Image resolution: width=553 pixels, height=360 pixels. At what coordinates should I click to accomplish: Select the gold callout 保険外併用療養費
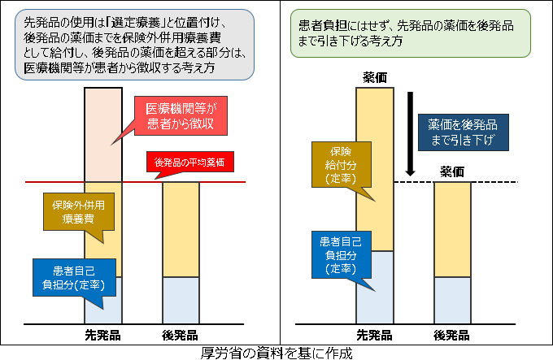point(72,213)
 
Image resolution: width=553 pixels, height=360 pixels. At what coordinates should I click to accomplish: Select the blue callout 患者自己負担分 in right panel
point(334,254)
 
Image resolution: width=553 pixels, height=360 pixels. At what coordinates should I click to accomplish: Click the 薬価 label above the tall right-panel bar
point(376,77)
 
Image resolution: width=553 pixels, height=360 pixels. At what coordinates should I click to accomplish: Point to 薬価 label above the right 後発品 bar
point(453,171)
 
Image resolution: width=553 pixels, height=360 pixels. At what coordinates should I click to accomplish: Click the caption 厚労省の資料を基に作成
point(276,353)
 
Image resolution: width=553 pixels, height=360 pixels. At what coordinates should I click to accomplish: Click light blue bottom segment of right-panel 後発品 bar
point(453,299)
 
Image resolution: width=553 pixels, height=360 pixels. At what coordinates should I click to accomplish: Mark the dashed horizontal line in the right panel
point(504,182)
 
